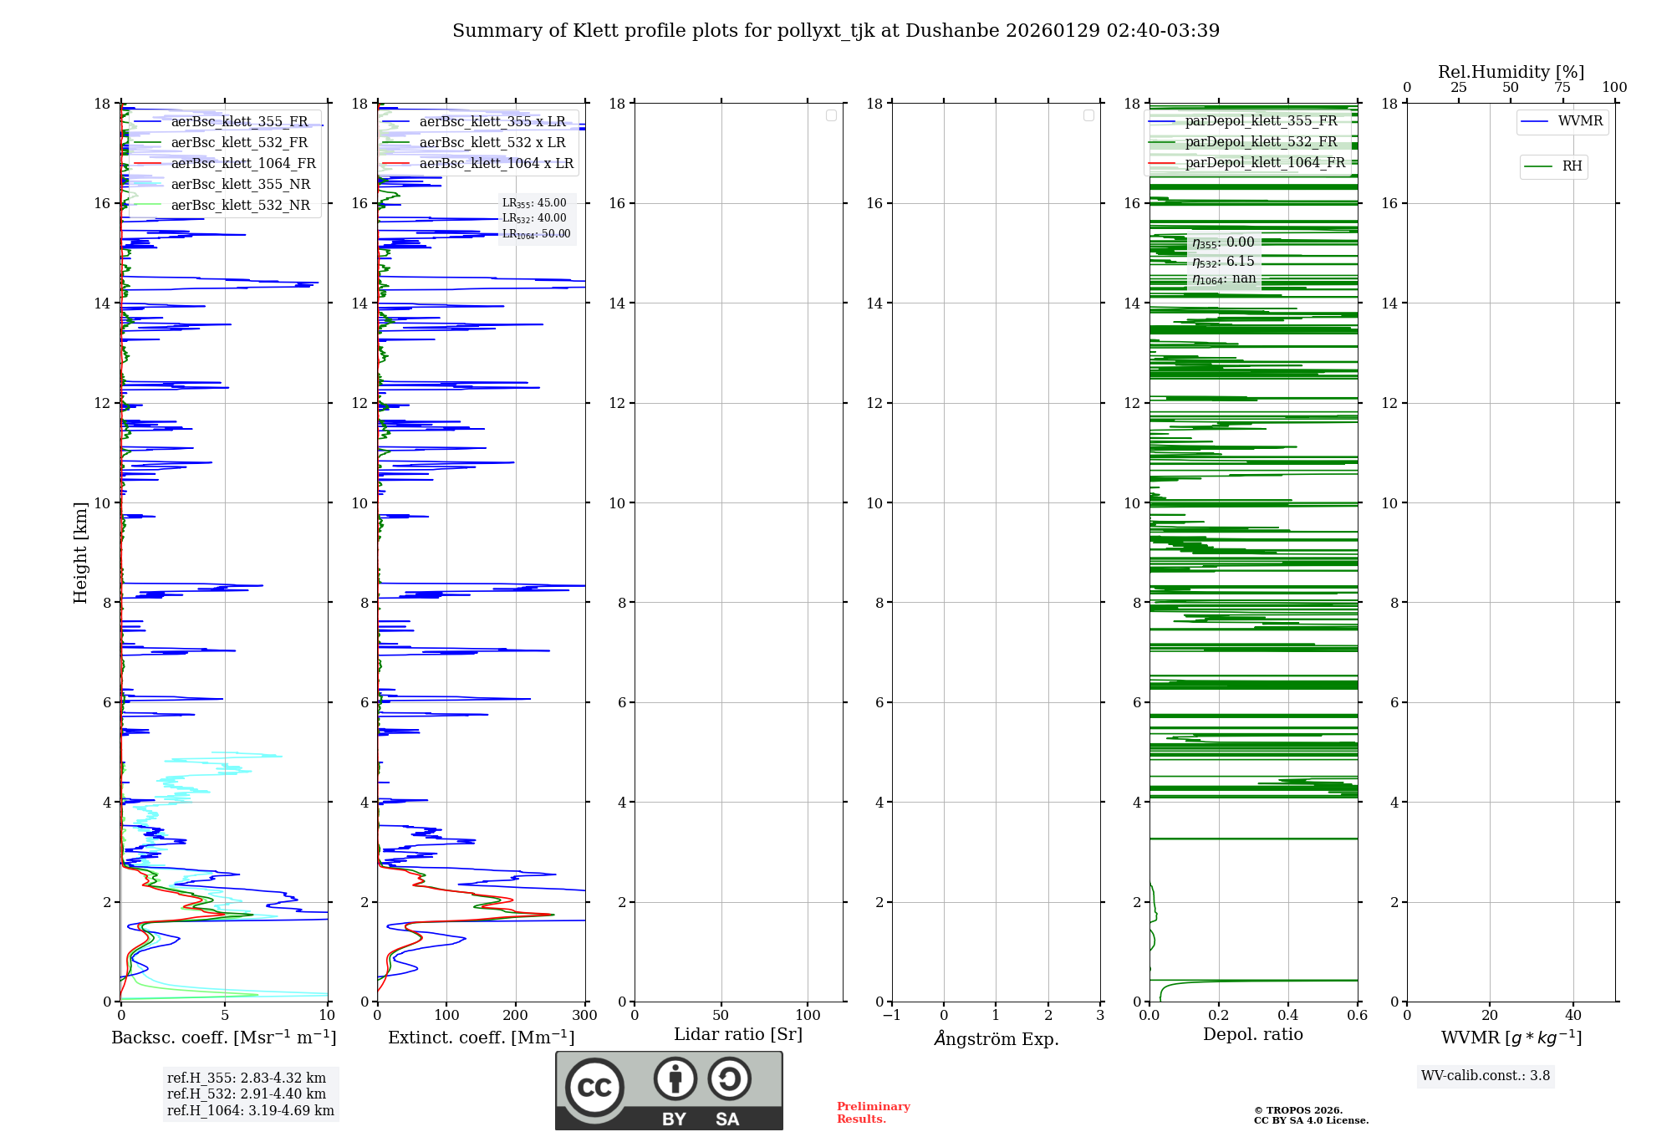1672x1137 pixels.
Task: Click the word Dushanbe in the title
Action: pyautogui.click(x=952, y=31)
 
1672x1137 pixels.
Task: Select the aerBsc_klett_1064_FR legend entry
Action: pyautogui.click(x=242, y=163)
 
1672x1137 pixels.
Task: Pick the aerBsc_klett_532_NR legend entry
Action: pyautogui.click(x=240, y=205)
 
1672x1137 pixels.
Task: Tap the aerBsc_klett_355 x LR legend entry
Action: pyautogui.click(x=492, y=121)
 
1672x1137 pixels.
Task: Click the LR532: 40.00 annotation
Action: pyautogui.click(x=534, y=218)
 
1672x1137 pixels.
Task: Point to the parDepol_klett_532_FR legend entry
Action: pyautogui.click(x=1261, y=142)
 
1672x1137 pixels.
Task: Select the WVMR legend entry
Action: pyautogui.click(x=1579, y=121)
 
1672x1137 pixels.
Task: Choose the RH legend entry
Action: pyautogui.click(x=1572, y=166)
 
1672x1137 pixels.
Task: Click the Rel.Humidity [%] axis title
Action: pyautogui.click(x=1511, y=72)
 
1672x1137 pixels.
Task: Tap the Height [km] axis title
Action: pyautogui.click(x=80, y=552)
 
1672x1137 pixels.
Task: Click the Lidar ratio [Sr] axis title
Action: pyautogui.click(x=738, y=1034)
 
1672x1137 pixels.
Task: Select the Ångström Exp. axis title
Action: pyautogui.click(x=996, y=1038)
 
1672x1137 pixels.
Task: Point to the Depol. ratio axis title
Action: pyautogui.click(x=1252, y=1034)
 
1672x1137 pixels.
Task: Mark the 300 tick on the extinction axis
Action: pyautogui.click(x=584, y=1015)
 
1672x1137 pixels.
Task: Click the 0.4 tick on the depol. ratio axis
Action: pyautogui.click(x=1288, y=1015)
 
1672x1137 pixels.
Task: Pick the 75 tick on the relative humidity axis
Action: pyautogui.click(x=1562, y=87)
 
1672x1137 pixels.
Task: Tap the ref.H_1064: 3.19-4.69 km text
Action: pyautogui.click(x=250, y=1110)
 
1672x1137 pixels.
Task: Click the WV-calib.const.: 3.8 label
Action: pyautogui.click(x=1485, y=1075)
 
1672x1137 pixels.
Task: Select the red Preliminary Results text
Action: pyautogui.click(x=873, y=1112)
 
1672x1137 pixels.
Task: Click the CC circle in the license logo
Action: pyautogui.click(x=594, y=1087)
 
